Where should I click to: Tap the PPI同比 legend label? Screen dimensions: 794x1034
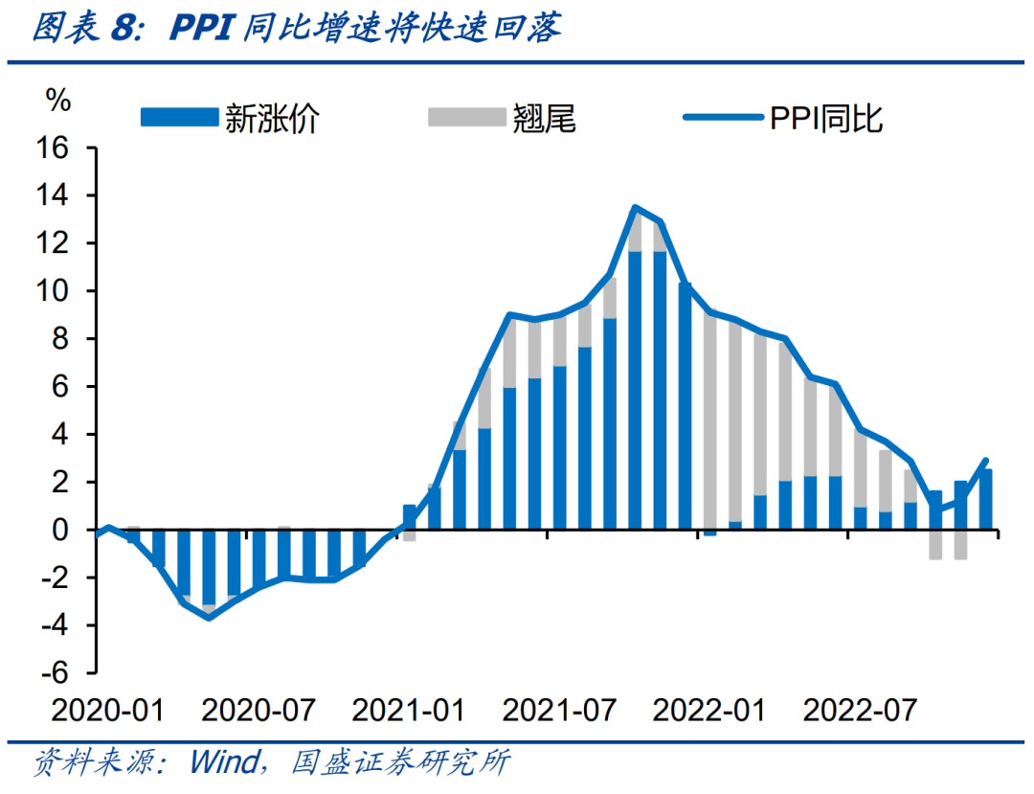pyautogui.click(x=825, y=119)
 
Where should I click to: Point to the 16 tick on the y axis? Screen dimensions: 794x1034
pyautogui.click(x=56, y=148)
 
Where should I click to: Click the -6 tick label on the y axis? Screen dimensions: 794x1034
pyautogui.click(x=56, y=672)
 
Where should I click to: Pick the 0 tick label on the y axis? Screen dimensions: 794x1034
pyautogui.click(x=63, y=530)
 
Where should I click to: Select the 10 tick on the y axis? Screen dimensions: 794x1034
pyautogui.click(x=56, y=291)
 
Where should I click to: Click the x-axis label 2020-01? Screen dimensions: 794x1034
pyautogui.click(x=107, y=711)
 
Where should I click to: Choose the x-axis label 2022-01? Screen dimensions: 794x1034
pyautogui.click(x=709, y=711)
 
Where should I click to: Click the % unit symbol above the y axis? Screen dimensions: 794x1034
pyautogui.click(x=58, y=100)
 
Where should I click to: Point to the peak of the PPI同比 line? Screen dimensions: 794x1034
pyautogui.click(x=634, y=207)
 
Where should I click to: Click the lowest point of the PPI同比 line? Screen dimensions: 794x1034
pyautogui.click(x=209, y=618)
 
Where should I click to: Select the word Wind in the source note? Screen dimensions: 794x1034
pyautogui.click(x=224, y=763)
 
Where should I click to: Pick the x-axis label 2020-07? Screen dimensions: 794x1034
pyautogui.click(x=258, y=711)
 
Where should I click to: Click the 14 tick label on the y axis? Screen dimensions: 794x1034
pyautogui.click(x=56, y=196)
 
